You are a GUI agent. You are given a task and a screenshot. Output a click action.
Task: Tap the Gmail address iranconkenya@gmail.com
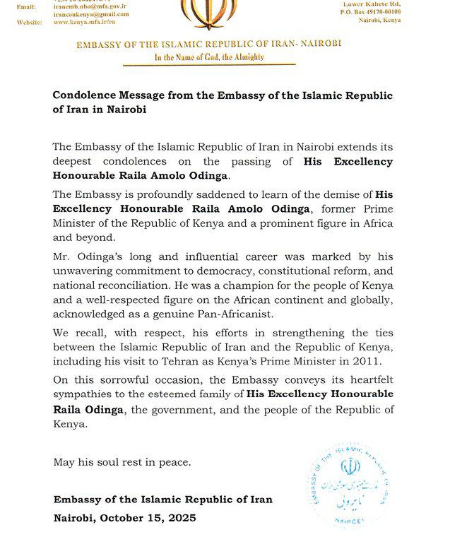click(91, 14)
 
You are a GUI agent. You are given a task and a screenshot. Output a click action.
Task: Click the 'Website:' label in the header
click(28, 22)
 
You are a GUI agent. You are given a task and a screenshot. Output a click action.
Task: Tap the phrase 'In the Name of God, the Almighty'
click(210, 57)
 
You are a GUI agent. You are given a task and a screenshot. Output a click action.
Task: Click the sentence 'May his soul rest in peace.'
click(122, 463)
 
